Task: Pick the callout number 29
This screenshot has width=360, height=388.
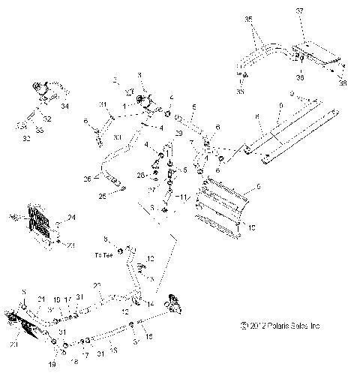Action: (178, 133)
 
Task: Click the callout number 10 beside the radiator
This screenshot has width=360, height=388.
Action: (252, 227)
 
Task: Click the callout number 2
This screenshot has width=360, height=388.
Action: (115, 80)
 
